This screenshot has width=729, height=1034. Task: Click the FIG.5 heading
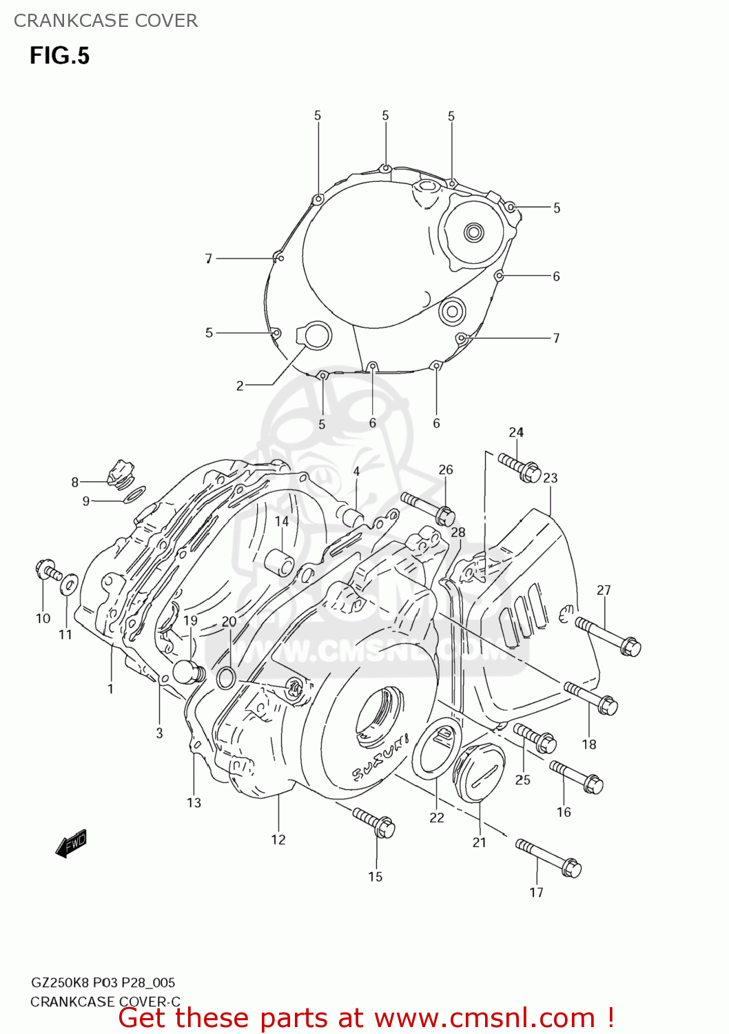[x=59, y=56]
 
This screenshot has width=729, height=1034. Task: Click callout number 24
[x=516, y=432]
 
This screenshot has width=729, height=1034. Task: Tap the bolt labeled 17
[x=548, y=858]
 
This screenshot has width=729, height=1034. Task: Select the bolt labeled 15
[x=374, y=822]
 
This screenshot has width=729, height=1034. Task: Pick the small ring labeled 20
[x=226, y=678]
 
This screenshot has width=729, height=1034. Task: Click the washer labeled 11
[x=68, y=585]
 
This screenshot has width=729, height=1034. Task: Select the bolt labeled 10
[x=48, y=571]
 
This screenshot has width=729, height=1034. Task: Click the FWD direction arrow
[x=71, y=843]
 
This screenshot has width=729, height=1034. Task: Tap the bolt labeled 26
[x=427, y=507]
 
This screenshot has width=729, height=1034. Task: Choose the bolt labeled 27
[x=608, y=636]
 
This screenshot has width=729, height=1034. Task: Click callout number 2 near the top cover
[x=240, y=386]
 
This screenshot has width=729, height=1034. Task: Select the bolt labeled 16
[x=576, y=777]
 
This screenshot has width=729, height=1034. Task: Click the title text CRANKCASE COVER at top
[x=105, y=21]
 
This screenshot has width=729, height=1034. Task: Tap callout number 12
[x=278, y=840]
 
